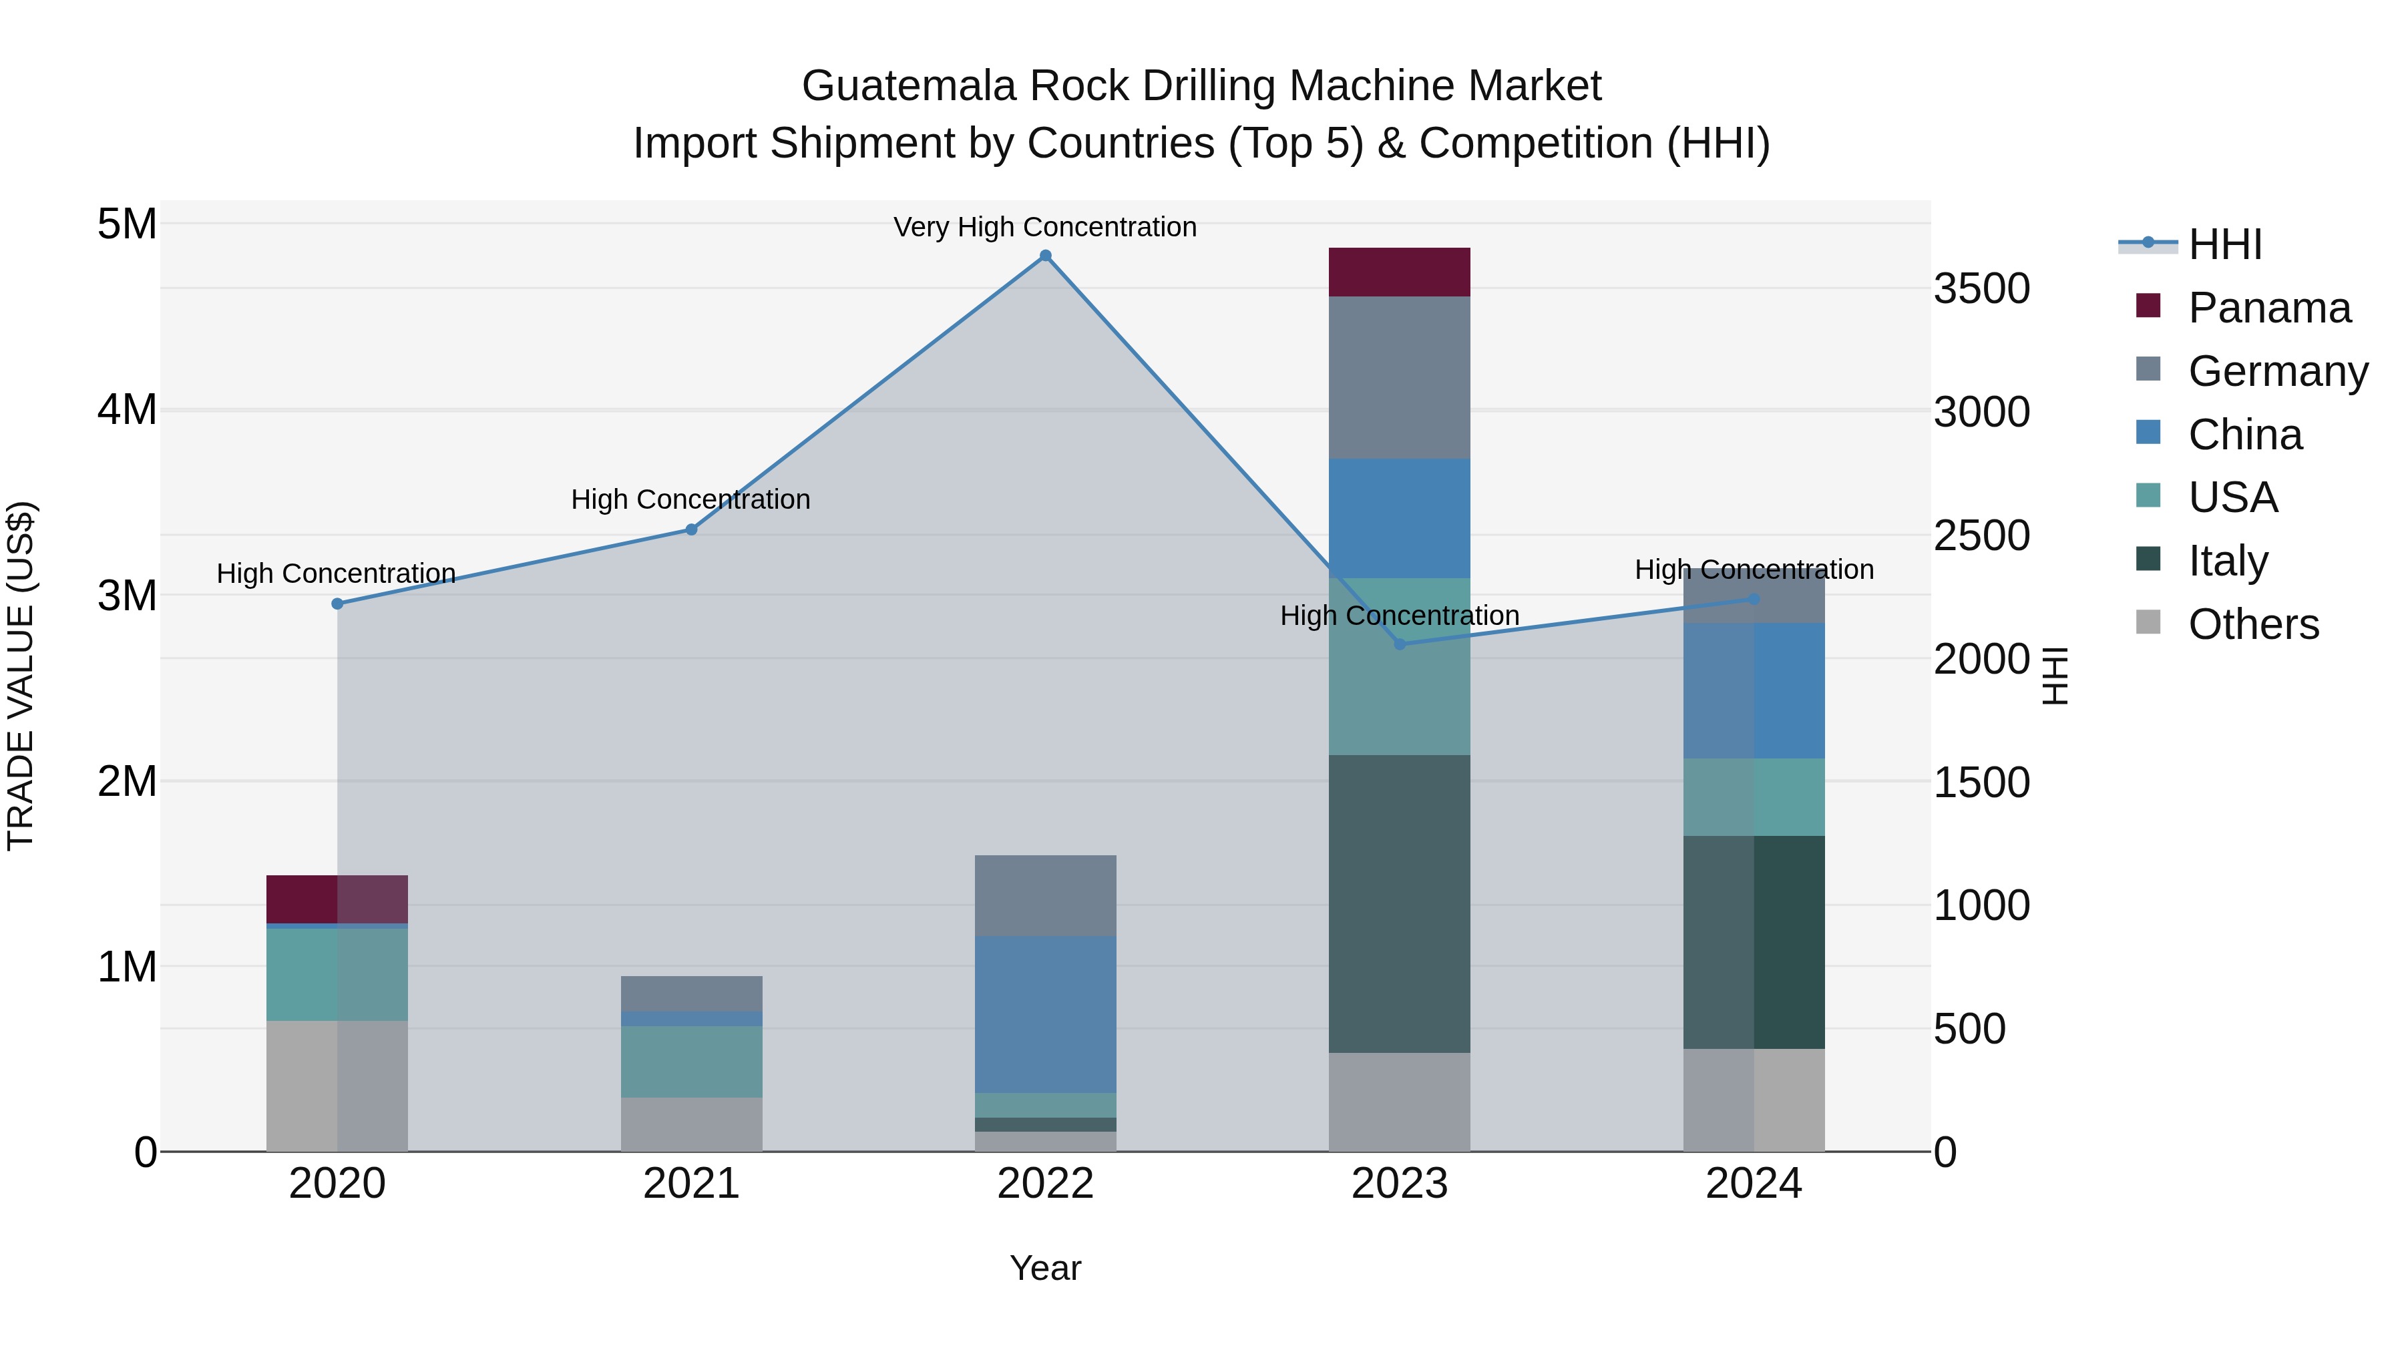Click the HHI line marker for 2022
1045,256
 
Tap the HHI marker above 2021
692,530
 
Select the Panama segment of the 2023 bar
1399,272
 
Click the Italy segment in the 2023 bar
1399,903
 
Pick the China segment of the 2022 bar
1045,1014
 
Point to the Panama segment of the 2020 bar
337,899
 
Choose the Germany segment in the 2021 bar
692,993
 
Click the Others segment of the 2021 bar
692,1124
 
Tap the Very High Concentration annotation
1045,228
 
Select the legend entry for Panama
2268,308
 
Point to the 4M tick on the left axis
127,410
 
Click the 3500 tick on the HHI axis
1981,288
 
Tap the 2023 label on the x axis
1399,1184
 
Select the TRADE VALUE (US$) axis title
21,676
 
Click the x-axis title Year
1045,1268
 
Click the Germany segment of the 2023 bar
1399,378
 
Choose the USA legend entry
2232,497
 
